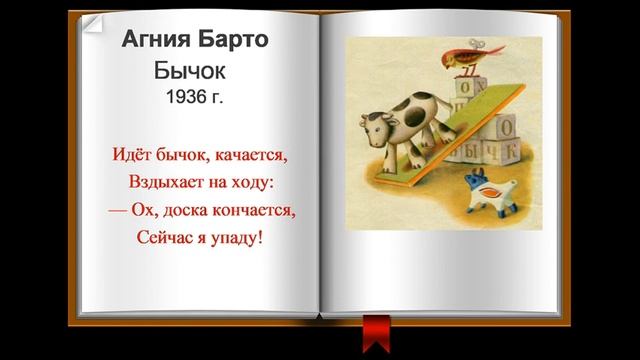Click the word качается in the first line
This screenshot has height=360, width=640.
click(x=244, y=157)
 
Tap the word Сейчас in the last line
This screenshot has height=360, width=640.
click(x=166, y=239)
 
